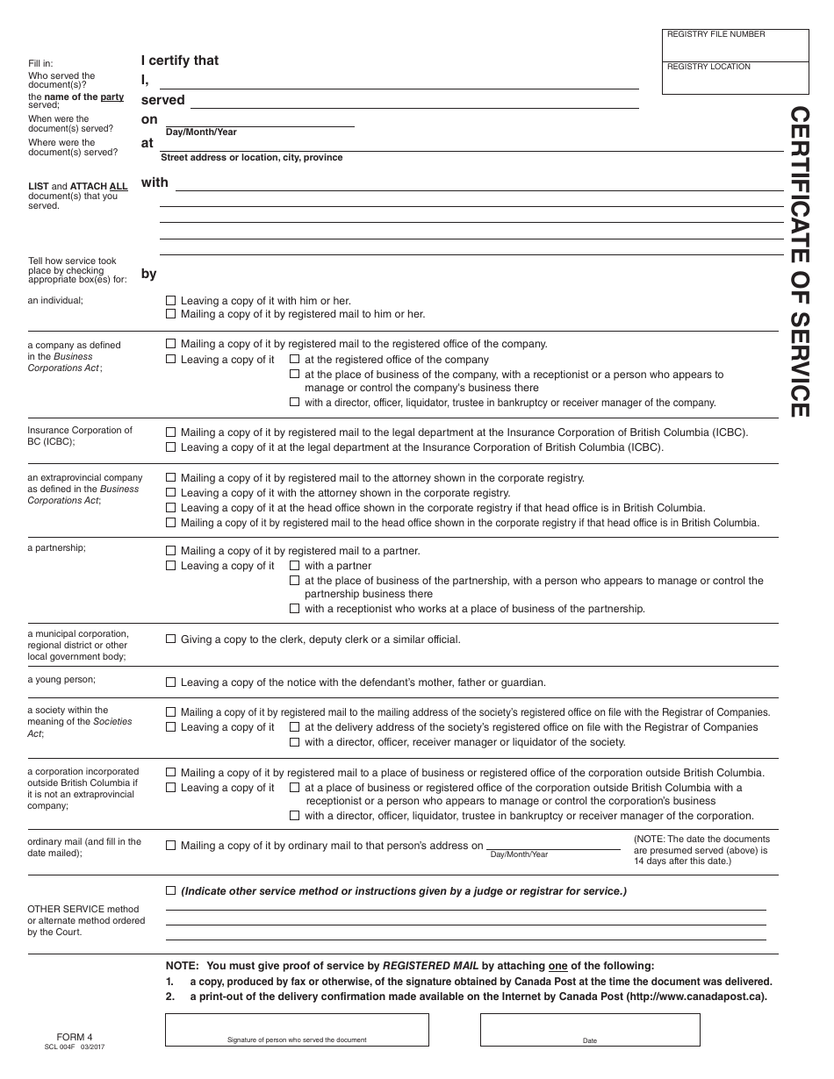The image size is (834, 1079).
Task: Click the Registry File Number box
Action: click(x=736, y=46)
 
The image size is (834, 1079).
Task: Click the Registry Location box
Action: click(x=736, y=78)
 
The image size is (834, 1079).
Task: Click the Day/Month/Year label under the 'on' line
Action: click(x=201, y=132)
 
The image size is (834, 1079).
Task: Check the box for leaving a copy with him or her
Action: click(x=171, y=301)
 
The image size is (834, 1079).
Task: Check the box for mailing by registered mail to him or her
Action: click(x=171, y=314)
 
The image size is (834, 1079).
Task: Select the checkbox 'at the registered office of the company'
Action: click(x=295, y=360)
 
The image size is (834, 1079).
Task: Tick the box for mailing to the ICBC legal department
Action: click(x=171, y=432)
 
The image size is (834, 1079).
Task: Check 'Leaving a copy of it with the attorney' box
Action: click(x=171, y=493)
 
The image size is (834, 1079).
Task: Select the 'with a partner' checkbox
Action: click(x=295, y=566)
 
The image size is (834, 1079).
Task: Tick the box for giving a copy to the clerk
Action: click(x=171, y=640)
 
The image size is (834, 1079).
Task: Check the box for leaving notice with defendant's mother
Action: click(x=171, y=682)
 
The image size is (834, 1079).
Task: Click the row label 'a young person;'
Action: click(x=61, y=680)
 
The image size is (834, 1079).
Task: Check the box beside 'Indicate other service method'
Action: click(x=171, y=891)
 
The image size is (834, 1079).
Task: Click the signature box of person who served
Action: click(x=297, y=1030)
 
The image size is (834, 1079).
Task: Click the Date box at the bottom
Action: click(x=590, y=1030)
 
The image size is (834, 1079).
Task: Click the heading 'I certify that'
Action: click(x=180, y=61)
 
